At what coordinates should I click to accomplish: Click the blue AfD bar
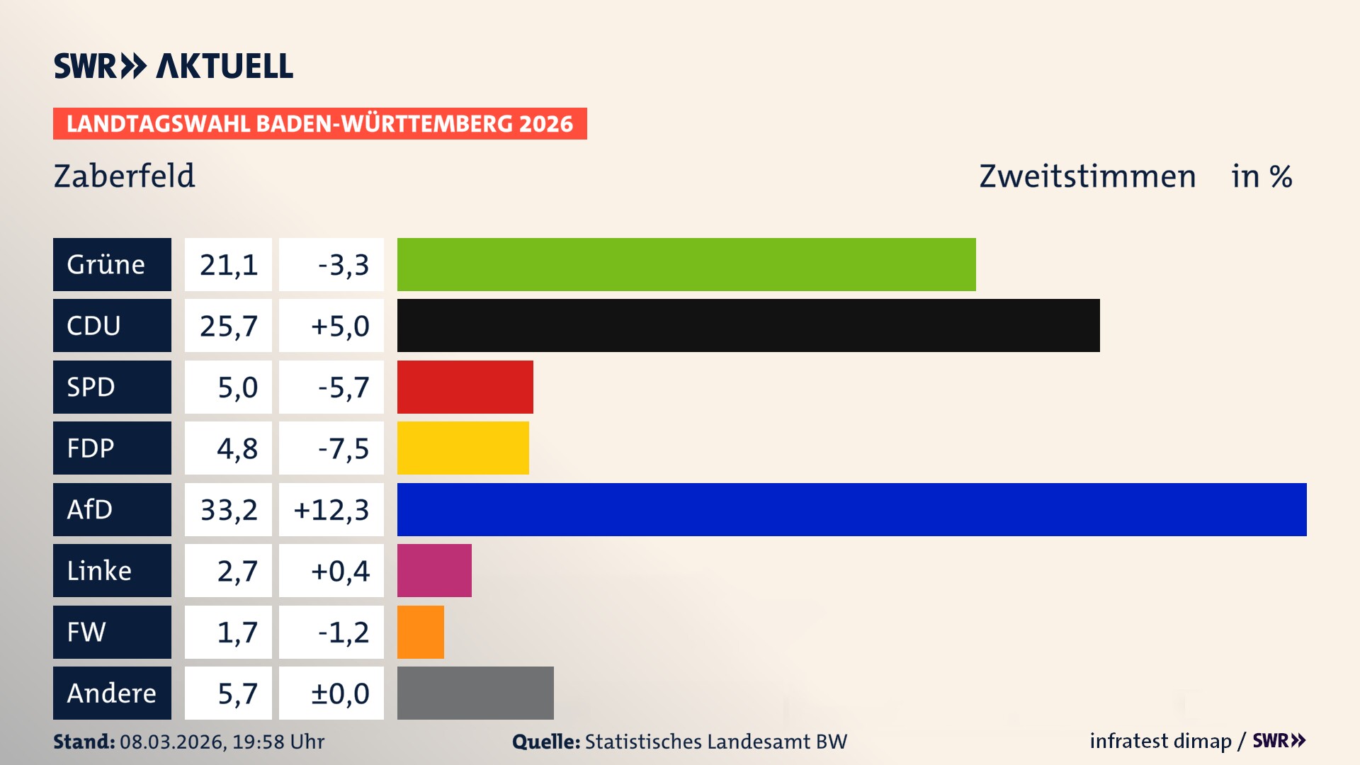coord(851,509)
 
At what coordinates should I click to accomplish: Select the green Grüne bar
coord(686,264)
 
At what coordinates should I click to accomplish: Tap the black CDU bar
coord(748,325)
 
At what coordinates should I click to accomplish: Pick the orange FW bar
coord(420,632)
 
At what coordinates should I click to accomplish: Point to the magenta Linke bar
coord(434,570)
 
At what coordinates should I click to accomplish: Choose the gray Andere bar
coord(475,693)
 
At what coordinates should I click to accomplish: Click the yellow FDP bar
coord(463,448)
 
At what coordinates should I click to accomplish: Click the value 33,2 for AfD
coord(228,509)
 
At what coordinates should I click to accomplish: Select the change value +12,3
coord(331,509)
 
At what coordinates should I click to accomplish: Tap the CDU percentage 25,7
coord(228,325)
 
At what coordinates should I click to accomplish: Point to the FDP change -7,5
coord(344,448)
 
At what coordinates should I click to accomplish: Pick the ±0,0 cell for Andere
coord(340,693)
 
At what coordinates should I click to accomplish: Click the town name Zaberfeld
coord(124,176)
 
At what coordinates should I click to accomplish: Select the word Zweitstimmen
coord(1087,176)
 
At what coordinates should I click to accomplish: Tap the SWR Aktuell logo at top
coord(174,66)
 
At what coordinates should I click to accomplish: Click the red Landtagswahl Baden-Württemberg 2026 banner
coord(319,123)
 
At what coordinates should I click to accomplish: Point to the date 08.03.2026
coord(172,742)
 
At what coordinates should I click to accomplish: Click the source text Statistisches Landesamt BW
coord(715,742)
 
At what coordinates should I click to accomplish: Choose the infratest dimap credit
coord(1160,741)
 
